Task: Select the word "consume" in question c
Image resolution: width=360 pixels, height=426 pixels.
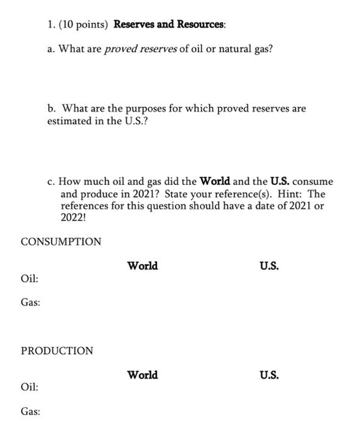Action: tap(313, 181)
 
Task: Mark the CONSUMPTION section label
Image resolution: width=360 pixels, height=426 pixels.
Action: tap(61, 242)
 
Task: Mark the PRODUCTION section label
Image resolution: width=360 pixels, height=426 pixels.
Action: tap(57, 351)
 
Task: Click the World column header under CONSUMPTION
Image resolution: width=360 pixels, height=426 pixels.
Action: tap(143, 266)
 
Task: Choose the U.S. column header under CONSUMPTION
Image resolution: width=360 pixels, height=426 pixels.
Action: tap(269, 266)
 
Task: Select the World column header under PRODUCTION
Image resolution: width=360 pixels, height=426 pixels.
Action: tap(143, 375)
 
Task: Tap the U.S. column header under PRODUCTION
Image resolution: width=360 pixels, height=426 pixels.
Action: tap(269, 375)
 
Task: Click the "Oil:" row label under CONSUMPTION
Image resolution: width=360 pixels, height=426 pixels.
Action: tap(29, 278)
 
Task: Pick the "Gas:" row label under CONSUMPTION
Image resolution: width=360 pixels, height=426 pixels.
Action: tap(30, 302)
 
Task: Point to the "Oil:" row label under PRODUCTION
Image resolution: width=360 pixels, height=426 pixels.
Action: tap(29, 387)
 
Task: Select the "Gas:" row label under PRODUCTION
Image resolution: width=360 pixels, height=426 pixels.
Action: tap(30, 411)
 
